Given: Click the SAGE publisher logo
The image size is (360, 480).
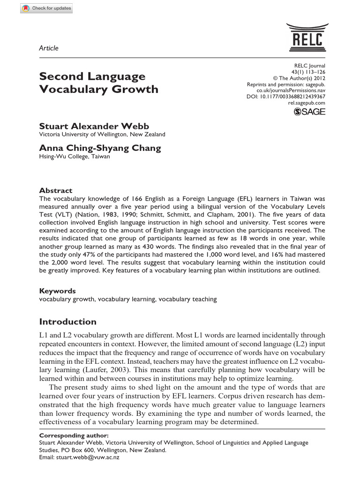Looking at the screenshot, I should (x=309, y=111).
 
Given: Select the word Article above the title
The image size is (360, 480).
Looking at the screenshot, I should (x=49, y=48).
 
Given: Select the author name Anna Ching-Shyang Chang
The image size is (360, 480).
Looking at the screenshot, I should (x=100, y=148).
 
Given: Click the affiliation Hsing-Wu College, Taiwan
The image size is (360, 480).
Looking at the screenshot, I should (x=75, y=157).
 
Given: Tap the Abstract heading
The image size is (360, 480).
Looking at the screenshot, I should (x=55, y=190).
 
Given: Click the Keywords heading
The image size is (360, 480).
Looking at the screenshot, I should (x=58, y=291).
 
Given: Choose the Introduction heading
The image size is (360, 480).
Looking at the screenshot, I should (x=67, y=322).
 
